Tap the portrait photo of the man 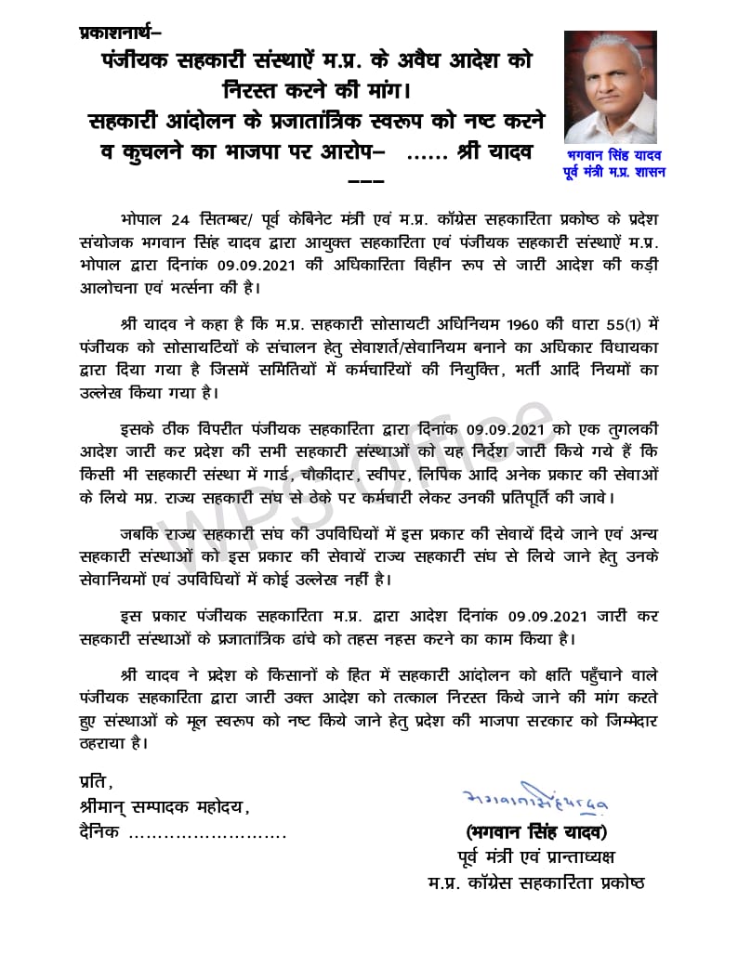tap(610, 85)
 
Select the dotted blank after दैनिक tap(206, 833)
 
